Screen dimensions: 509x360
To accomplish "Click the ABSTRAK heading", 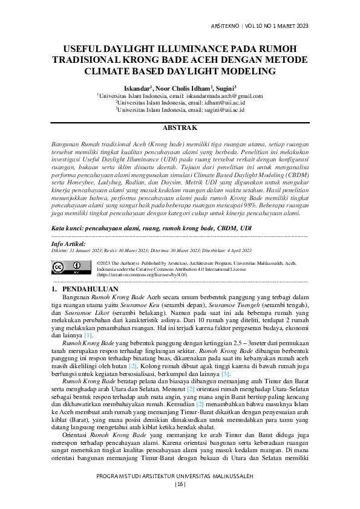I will [x=180, y=128].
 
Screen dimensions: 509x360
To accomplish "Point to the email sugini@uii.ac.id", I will [x=223, y=111].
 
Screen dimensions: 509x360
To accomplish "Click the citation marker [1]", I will [x=88, y=335].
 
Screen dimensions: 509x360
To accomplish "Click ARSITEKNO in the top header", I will [x=224, y=26].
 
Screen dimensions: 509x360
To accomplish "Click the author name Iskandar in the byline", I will [x=139, y=88].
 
